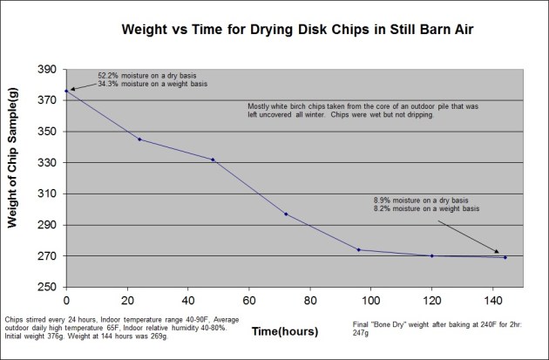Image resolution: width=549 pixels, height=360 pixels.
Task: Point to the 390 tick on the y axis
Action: (49, 70)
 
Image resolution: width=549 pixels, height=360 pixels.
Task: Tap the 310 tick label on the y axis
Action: (49, 194)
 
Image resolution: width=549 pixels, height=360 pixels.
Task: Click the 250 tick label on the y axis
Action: (49, 288)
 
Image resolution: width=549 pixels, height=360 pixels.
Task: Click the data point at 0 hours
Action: (67, 91)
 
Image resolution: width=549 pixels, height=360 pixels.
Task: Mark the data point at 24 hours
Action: (139, 139)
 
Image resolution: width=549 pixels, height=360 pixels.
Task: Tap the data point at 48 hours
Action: (213, 160)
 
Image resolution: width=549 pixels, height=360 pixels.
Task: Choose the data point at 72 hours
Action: (286, 214)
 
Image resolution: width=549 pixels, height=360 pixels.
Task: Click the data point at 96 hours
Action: (359, 250)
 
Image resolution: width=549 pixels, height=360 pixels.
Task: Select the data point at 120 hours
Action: (432, 256)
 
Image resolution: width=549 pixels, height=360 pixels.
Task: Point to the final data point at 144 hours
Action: (505, 257)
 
